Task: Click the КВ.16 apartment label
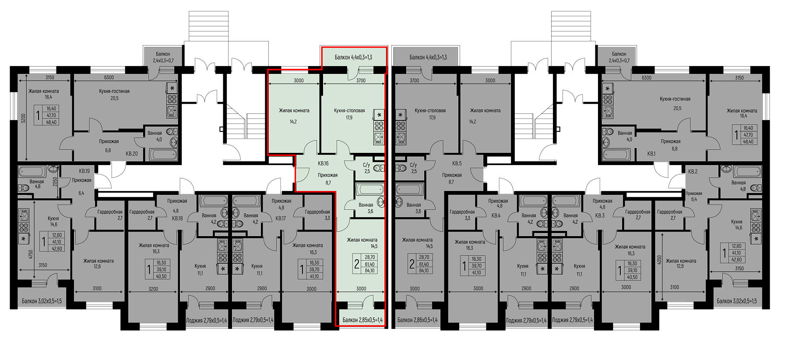[x=323, y=163]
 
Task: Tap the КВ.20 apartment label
[x=132, y=154]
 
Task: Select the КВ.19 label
[x=84, y=171]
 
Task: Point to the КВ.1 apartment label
[x=651, y=154]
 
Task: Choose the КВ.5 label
[x=457, y=163]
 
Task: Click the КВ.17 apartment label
[x=281, y=218]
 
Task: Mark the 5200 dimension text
[x=24, y=118]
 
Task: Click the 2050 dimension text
[x=55, y=182]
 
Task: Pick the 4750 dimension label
[x=31, y=255]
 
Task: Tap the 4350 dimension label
[x=659, y=260]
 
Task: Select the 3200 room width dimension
[x=153, y=289]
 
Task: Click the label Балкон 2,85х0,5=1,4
[x=362, y=320]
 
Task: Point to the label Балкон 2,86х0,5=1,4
[x=417, y=320]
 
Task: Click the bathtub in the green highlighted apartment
[x=370, y=189]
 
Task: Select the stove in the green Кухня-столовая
[x=379, y=127]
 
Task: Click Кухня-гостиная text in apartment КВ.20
[x=114, y=91]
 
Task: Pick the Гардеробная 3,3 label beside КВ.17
[x=317, y=215]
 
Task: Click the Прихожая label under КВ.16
[x=328, y=175]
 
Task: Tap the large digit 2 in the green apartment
[x=357, y=264]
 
